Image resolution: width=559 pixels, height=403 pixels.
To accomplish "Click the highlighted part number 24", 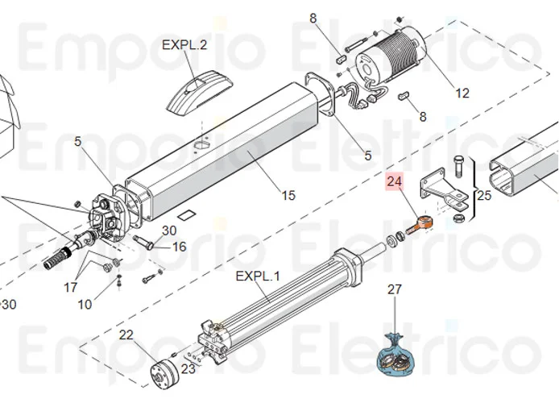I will click(395, 182).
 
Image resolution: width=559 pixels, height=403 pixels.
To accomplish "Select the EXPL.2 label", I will click(184, 45).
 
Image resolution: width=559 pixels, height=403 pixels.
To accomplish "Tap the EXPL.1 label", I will click(258, 276).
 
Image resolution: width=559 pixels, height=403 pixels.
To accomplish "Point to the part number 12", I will click(462, 93).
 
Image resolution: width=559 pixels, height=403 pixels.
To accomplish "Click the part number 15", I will click(288, 195).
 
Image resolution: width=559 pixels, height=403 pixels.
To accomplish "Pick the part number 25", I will click(484, 195).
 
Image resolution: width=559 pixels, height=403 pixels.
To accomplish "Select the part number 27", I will click(395, 289).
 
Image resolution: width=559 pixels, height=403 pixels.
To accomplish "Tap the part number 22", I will click(126, 334).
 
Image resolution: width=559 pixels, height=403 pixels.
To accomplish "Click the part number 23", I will click(187, 370).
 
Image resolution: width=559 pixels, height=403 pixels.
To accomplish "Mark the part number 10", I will click(85, 304).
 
